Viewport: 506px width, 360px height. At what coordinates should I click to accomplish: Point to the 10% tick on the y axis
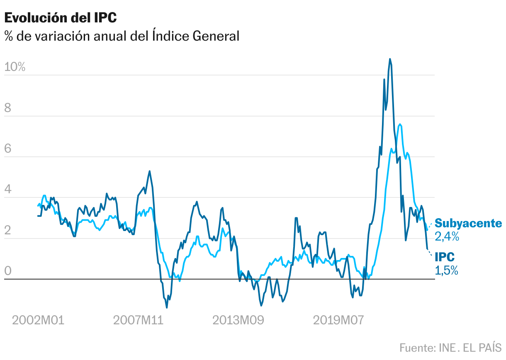15,67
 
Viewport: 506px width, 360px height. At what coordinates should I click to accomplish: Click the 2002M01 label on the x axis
38,320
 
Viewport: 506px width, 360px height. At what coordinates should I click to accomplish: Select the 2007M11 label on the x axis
139,320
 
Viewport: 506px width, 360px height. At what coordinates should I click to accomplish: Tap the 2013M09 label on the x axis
238,320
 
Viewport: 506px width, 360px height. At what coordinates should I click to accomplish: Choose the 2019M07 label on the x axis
338,320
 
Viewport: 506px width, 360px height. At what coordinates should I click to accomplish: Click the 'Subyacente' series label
468,224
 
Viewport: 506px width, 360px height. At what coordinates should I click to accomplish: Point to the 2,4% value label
447,237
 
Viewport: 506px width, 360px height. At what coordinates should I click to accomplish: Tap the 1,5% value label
446,270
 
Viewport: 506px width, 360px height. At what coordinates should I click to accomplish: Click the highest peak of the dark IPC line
390,59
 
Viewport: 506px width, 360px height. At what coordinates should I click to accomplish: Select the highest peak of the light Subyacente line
399,124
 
